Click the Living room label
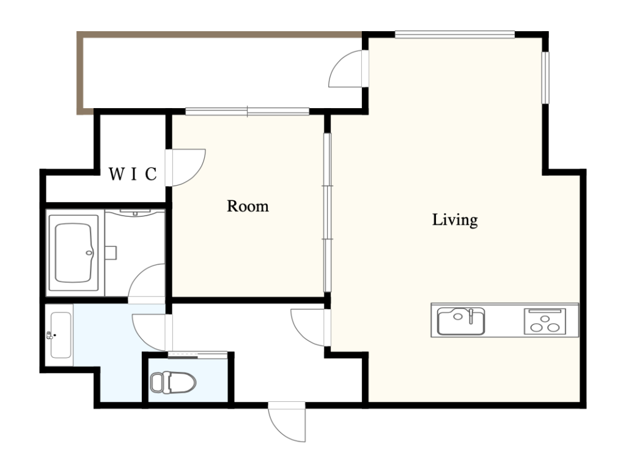click(455, 220)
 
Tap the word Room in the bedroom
click(248, 206)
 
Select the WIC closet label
click(133, 174)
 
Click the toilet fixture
click(173, 382)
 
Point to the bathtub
click(74, 253)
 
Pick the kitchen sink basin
click(461, 321)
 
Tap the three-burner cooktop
click(544, 321)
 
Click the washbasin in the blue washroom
click(61, 335)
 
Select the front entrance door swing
click(287, 421)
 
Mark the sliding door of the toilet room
click(197, 354)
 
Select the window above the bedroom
click(248, 112)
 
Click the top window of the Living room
click(455, 35)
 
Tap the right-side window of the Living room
click(545, 78)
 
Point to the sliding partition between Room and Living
click(328, 213)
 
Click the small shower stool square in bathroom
click(111, 253)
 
